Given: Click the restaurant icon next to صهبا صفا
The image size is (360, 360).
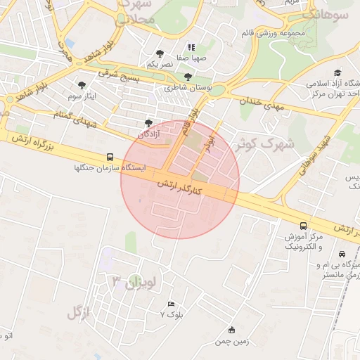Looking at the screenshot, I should pos(191,49).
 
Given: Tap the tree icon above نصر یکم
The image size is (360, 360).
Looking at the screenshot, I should pos(160,53).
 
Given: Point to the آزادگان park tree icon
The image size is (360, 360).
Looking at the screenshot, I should pos(148,122).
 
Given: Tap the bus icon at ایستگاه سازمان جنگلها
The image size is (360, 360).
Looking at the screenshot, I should pos(110,157).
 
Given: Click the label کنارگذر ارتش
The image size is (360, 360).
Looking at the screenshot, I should pos(179,188).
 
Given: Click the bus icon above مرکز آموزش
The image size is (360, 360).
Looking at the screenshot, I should pos(303,226).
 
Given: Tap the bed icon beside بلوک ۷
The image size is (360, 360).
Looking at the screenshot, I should pos(172,304).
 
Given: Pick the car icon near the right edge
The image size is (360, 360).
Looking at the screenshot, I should pos(342,254).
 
